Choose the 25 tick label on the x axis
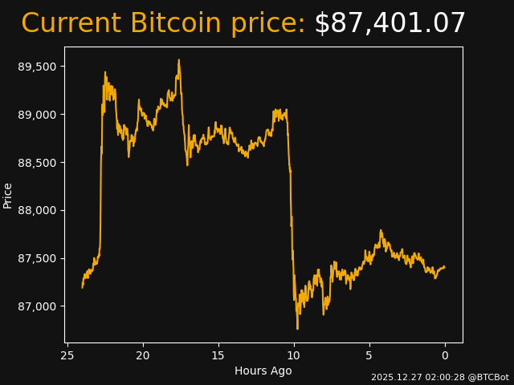(67, 355)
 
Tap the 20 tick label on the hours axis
(143, 355)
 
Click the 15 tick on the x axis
(218, 355)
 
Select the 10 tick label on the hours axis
(294, 355)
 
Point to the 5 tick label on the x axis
(369, 355)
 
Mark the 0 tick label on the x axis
(445, 355)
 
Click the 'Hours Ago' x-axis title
(263, 371)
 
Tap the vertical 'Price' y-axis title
(8, 195)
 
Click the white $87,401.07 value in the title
(390, 24)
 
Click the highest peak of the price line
(179, 60)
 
